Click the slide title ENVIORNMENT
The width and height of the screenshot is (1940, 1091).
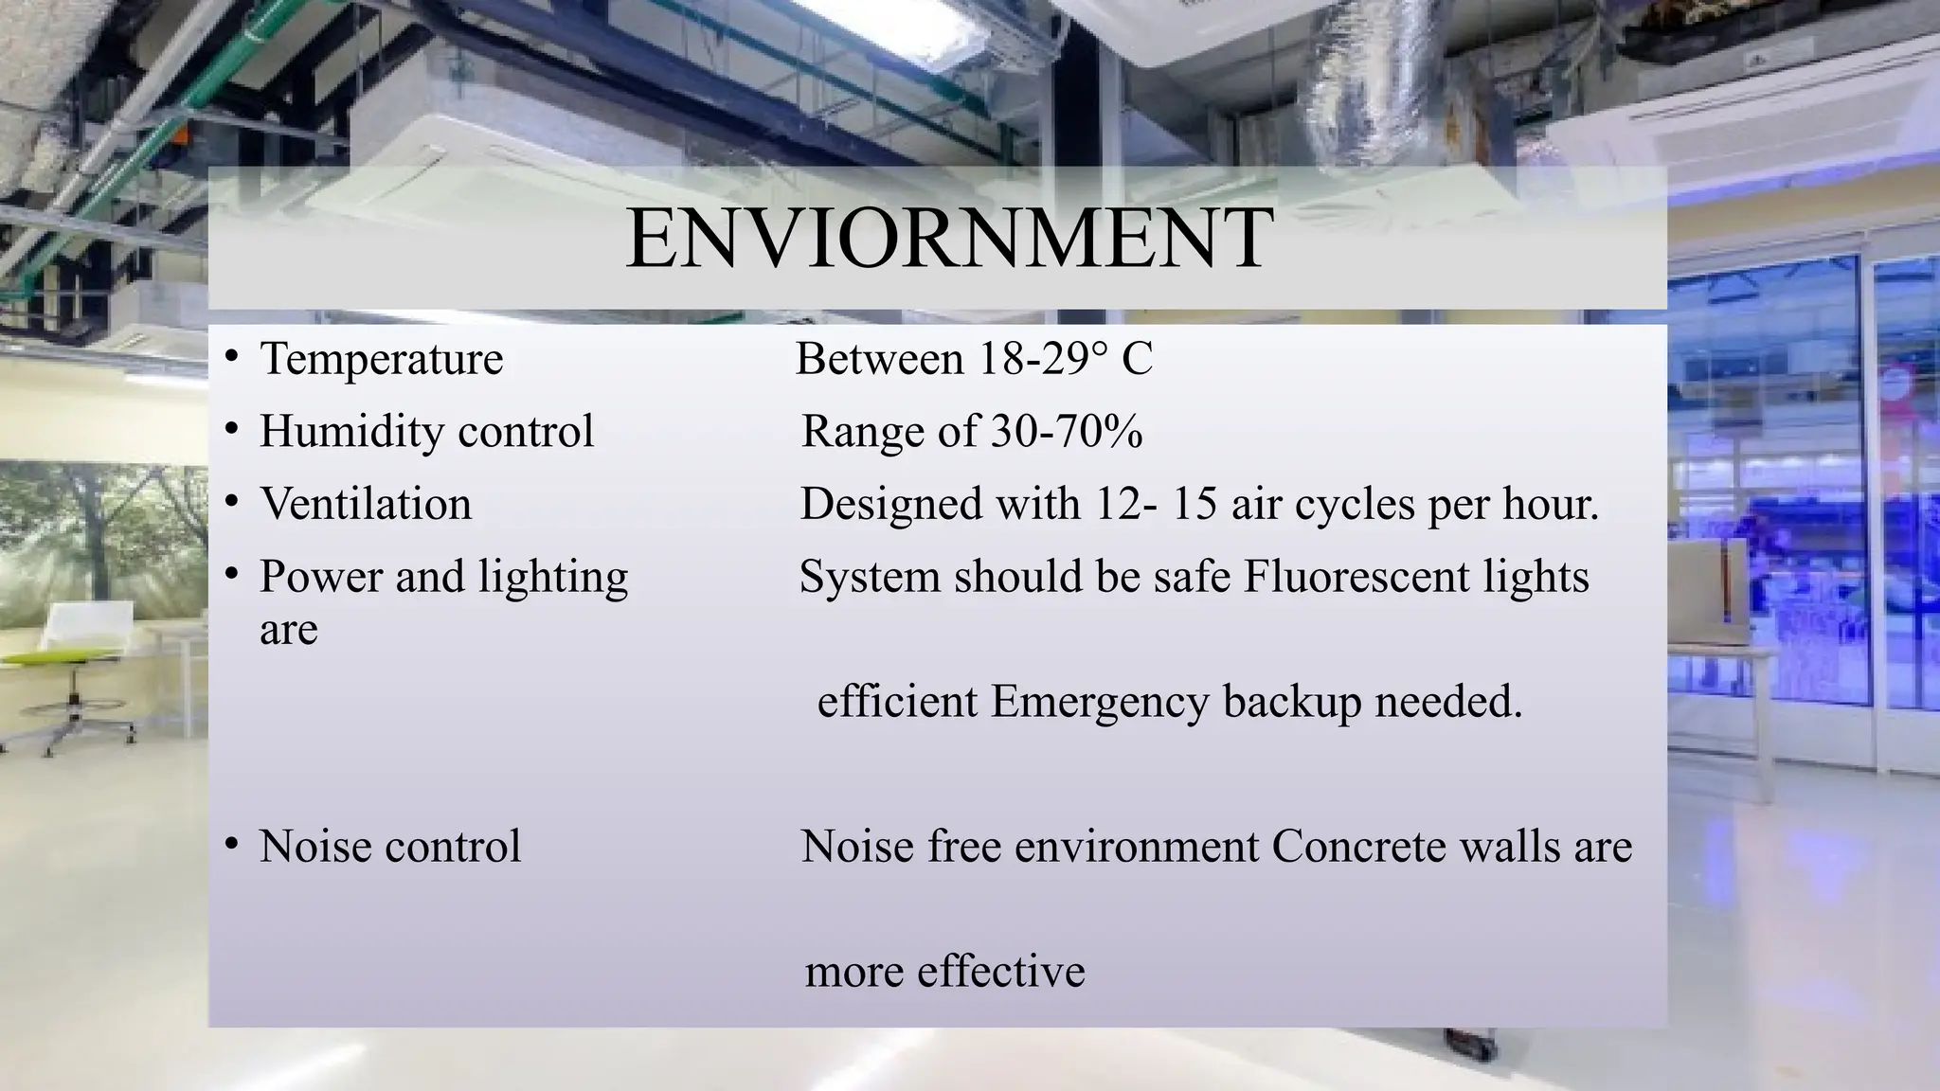[949, 239]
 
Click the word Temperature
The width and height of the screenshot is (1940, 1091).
[382, 359]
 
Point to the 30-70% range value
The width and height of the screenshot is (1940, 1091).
[1067, 432]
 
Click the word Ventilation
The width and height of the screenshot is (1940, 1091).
[366, 504]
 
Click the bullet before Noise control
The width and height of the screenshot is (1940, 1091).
[231, 845]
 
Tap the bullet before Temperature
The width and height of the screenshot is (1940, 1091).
[231, 357]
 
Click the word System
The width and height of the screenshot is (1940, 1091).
[870, 577]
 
